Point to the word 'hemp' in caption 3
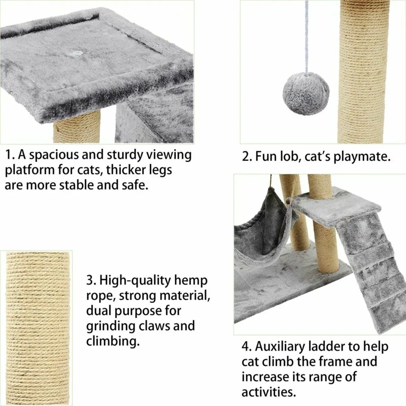[x=191, y=281]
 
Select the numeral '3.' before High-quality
[x=91, y=281]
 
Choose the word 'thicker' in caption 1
[x=127, y=171]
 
